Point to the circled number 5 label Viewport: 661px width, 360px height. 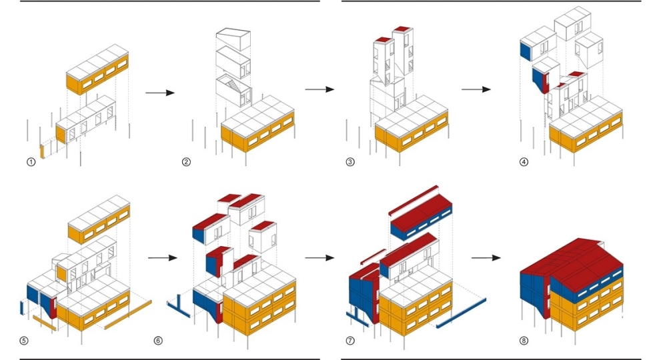pyautogui.click(x=24, y=341)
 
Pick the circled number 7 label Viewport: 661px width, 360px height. pyautogui.click(x=350, y=341)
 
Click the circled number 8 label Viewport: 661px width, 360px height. pyautogui.click(x=524, y=341)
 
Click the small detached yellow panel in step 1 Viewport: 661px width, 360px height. pyautogui.click(x=42, y=151)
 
